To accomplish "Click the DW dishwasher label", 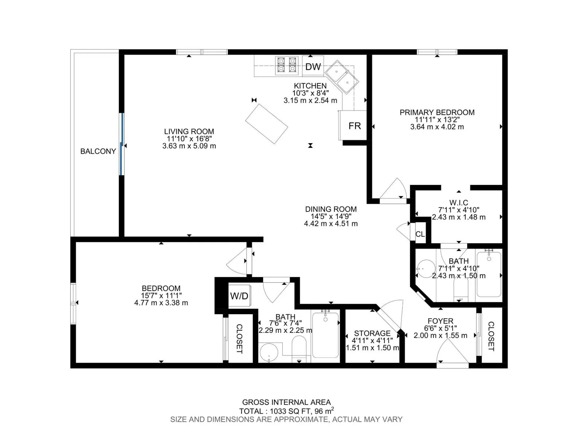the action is [x=313, y=67].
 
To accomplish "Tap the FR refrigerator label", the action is [x=355, y=126].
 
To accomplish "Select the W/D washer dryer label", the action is [x=239, y=296].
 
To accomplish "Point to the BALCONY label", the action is [x=98, y=151].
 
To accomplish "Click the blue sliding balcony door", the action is [x=122, y=144].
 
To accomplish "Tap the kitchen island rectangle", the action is [x=266, y=124].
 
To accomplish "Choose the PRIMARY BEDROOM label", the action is [x=437, y=113].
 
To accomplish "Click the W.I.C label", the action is [x=459, y=203].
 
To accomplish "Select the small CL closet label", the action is [x=420, y=234].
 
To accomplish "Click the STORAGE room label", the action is [x=372, y=333].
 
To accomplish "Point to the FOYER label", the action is [x=441, y=321].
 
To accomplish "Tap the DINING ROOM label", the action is [x=331, y=209].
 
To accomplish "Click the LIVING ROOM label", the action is [x=189, y=131].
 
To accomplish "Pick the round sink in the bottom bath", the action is [x=269, y=353].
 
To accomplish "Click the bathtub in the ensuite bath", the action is [x=489, y=274].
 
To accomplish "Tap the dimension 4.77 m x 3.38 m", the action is [x=161, y=303].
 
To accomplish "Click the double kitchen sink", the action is [x=342, y=77].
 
